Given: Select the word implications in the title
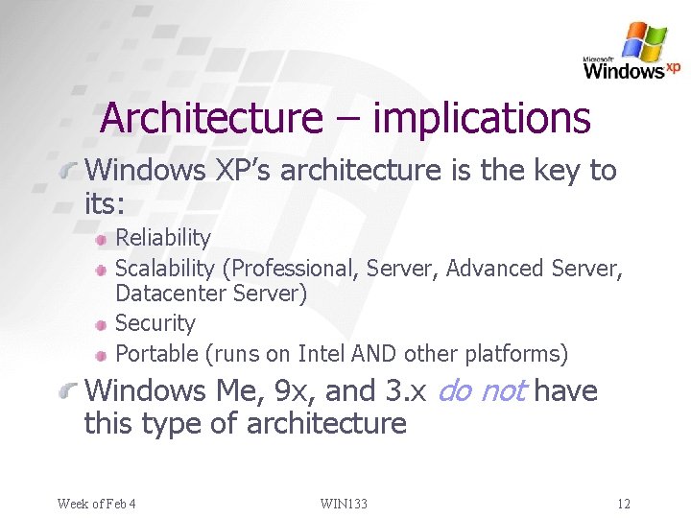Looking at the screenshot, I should point(481,118).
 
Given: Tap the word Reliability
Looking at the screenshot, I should point(163,237).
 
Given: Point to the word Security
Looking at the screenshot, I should point(155,323).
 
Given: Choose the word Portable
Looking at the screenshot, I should point(156,354).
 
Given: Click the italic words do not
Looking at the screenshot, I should point(483,391).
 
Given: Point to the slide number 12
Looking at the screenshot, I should point(624,504).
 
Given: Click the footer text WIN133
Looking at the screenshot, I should point(344,504).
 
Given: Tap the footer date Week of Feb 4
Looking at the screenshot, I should point(96,504).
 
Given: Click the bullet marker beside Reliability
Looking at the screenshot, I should point(101,238).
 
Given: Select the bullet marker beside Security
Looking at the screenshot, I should point(101,324).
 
